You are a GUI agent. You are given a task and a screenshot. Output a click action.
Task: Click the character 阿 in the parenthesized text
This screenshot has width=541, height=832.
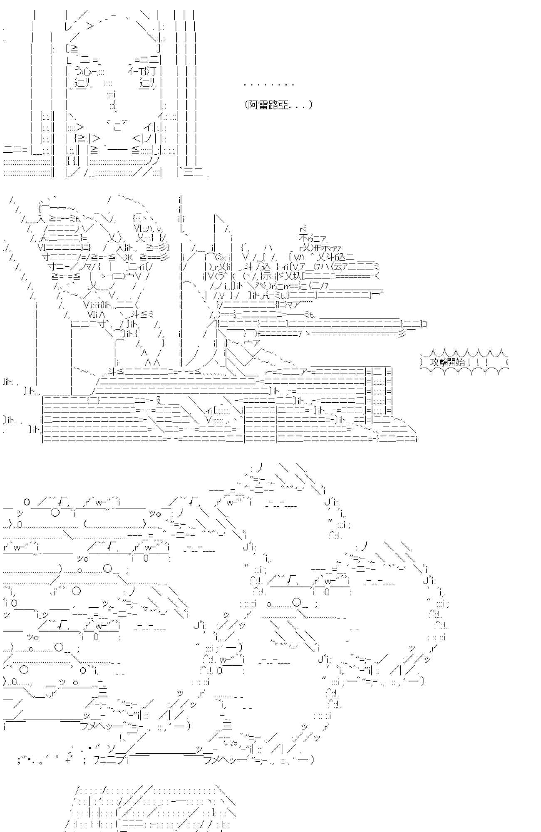click(253, 105)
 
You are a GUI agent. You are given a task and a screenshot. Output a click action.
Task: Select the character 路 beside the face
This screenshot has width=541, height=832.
click(273, 105)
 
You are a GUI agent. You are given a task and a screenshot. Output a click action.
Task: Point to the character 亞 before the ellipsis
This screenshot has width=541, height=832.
click(283, 105)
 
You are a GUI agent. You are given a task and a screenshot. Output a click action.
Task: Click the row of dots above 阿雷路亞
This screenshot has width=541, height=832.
click(269, 85)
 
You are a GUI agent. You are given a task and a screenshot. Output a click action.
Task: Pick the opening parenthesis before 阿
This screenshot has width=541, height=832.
click(247, 105)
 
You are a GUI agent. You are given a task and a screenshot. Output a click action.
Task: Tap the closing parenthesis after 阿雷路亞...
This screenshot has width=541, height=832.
click(310, 105)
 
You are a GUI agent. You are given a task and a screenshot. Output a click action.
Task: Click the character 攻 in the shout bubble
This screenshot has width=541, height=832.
click(434, 362)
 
